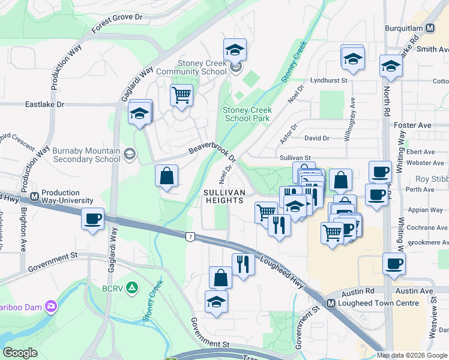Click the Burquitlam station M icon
click(x=430, y=28)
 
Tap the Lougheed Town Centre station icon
click(x=331, y=304)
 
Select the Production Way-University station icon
click(x=35, y=196)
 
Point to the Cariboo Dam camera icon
click(x=52, y=307)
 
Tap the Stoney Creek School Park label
click(x=247, y=114)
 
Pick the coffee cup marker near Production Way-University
click(x=92, y=219)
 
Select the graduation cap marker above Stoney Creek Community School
click(x=235, y=49)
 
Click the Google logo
click(x=20, y=353)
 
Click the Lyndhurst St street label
click(x=329, y=80)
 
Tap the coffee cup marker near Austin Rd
click(x=394, y=263)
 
